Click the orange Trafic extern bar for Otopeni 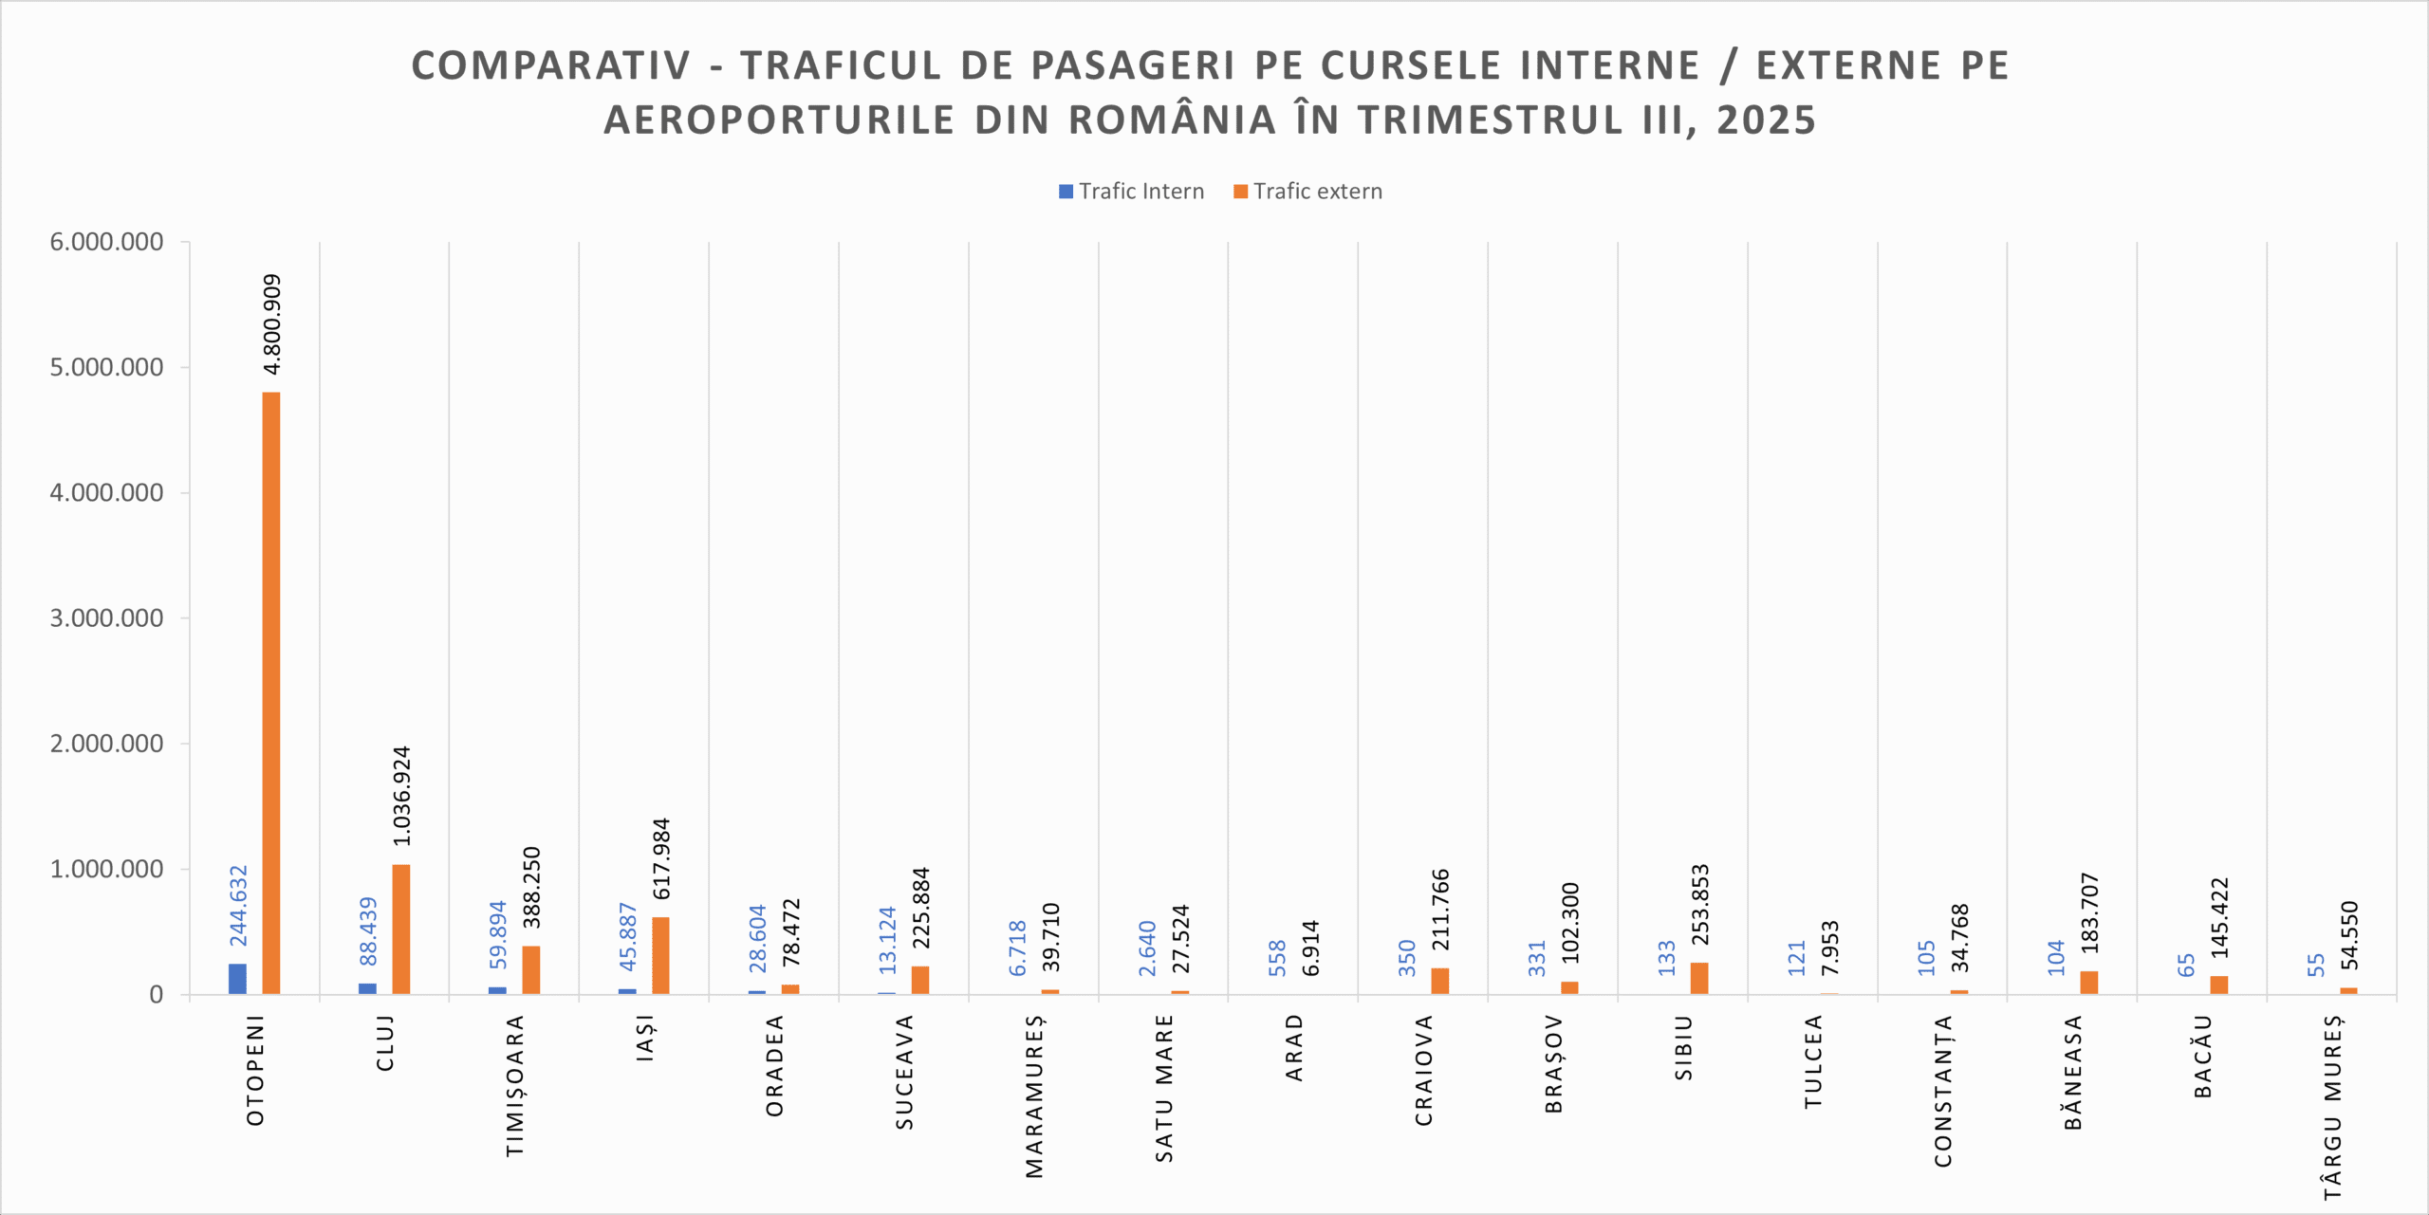pyautogui.click(x=271, y=692)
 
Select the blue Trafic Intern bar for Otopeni pyautogui.click(x=237, y=979)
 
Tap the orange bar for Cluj pyautogui.click(x=401, y=930)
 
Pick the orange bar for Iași pyautogui.click(x=660, y=955)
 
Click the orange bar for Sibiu pyautogui.click(x=1699, y=978)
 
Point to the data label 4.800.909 pyautogui.click(x=272, y=324)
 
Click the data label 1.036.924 pyautogui.click(x=402, y=796)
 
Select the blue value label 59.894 pyautogui.click(x=498, y=934)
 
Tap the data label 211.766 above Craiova pyautogui.click(x=1440, y=910)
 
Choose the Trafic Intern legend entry pyautogui.click(x=1131, y=192)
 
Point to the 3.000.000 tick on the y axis pyautogui.click(x=106, y=618)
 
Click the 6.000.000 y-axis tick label pyautogui.click(x=106, y=242)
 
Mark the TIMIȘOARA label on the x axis pyautogui.click(x=515, y=1086)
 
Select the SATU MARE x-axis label pyautogui.click(x=1165, y=1088)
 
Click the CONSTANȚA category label pyautogui.click(x=1944, y=1091)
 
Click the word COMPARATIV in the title pyautogui.click(x=551, y=65)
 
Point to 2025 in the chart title pyautogui.click(x=1766, y=120)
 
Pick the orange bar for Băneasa pyautogui.click(x=2089, y=983)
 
